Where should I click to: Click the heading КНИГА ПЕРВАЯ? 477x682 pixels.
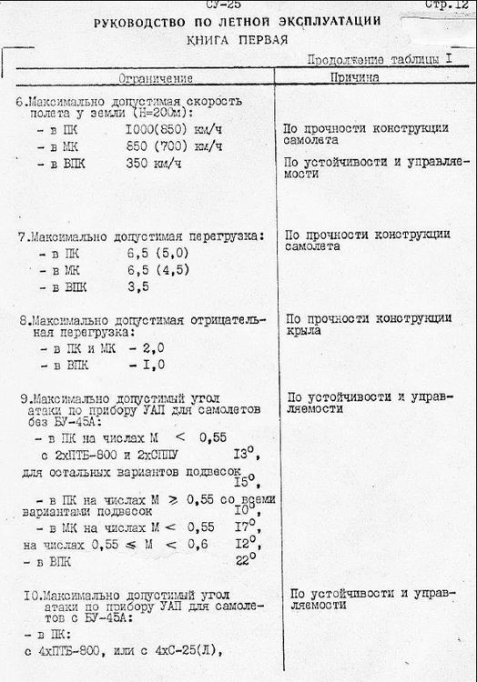(x=237, y=40)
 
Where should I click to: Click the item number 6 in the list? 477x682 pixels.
(x=20, y=100)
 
